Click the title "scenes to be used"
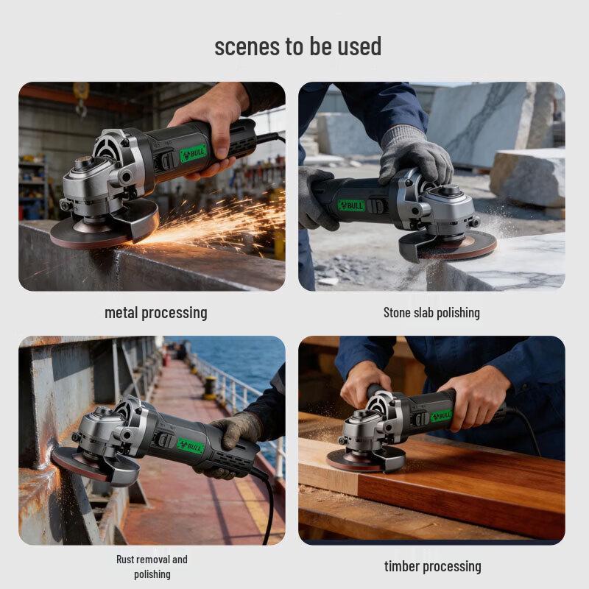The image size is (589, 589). [x=297, y=46]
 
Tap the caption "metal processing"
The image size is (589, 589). [x=155, y=312]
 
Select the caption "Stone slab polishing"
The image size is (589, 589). [x=431, y=312]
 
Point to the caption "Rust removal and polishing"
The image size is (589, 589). [x=152, y=566]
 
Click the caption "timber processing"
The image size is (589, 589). [x=432, y=566]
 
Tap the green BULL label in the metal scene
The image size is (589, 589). [x=194, y=153]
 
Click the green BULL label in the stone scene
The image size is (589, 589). [x=351, y=205]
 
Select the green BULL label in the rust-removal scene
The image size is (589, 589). [x=189, y=446]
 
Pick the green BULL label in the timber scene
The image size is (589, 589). [x=441, y=416]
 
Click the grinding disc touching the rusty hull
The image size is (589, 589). [x=74, y=464]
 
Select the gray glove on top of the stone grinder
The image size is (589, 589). [x=415, y=155]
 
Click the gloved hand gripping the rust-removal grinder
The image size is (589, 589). [x=234, y=431]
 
